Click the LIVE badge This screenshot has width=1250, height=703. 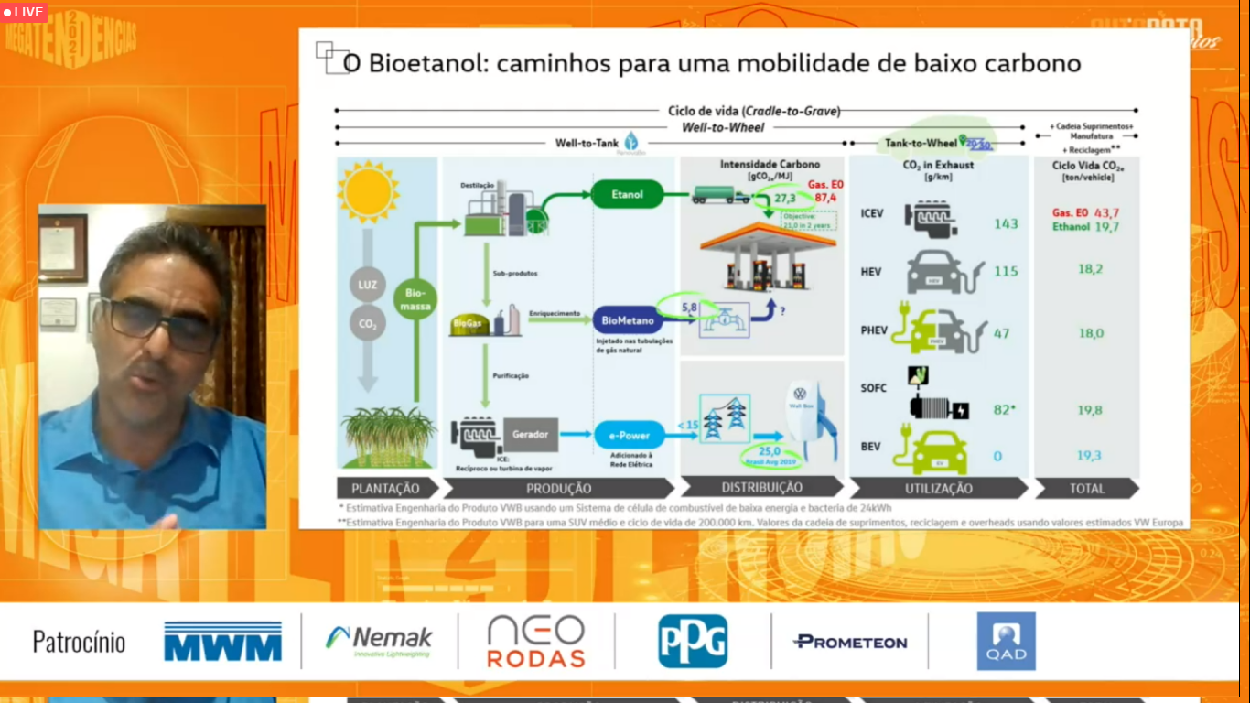point(25,12)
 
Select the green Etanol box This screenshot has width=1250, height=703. point(627,194)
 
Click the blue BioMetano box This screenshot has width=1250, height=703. point(627,320)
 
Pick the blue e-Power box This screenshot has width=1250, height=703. point(628,435)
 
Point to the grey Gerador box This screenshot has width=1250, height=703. point(530,434)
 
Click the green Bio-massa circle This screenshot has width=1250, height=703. point(415,299)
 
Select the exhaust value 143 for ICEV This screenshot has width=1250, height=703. point(1006,223)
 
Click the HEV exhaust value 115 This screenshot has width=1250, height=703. point(1006,271)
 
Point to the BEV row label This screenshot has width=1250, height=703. point(870,447)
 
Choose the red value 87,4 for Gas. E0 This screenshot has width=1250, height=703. point(825,198)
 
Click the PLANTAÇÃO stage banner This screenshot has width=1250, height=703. point(385,489)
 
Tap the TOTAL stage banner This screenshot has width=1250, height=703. point(1087,489)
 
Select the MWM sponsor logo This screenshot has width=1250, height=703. point(222,642)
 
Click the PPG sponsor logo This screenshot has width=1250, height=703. point(693,641)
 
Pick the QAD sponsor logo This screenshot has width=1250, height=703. point(1006,642)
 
